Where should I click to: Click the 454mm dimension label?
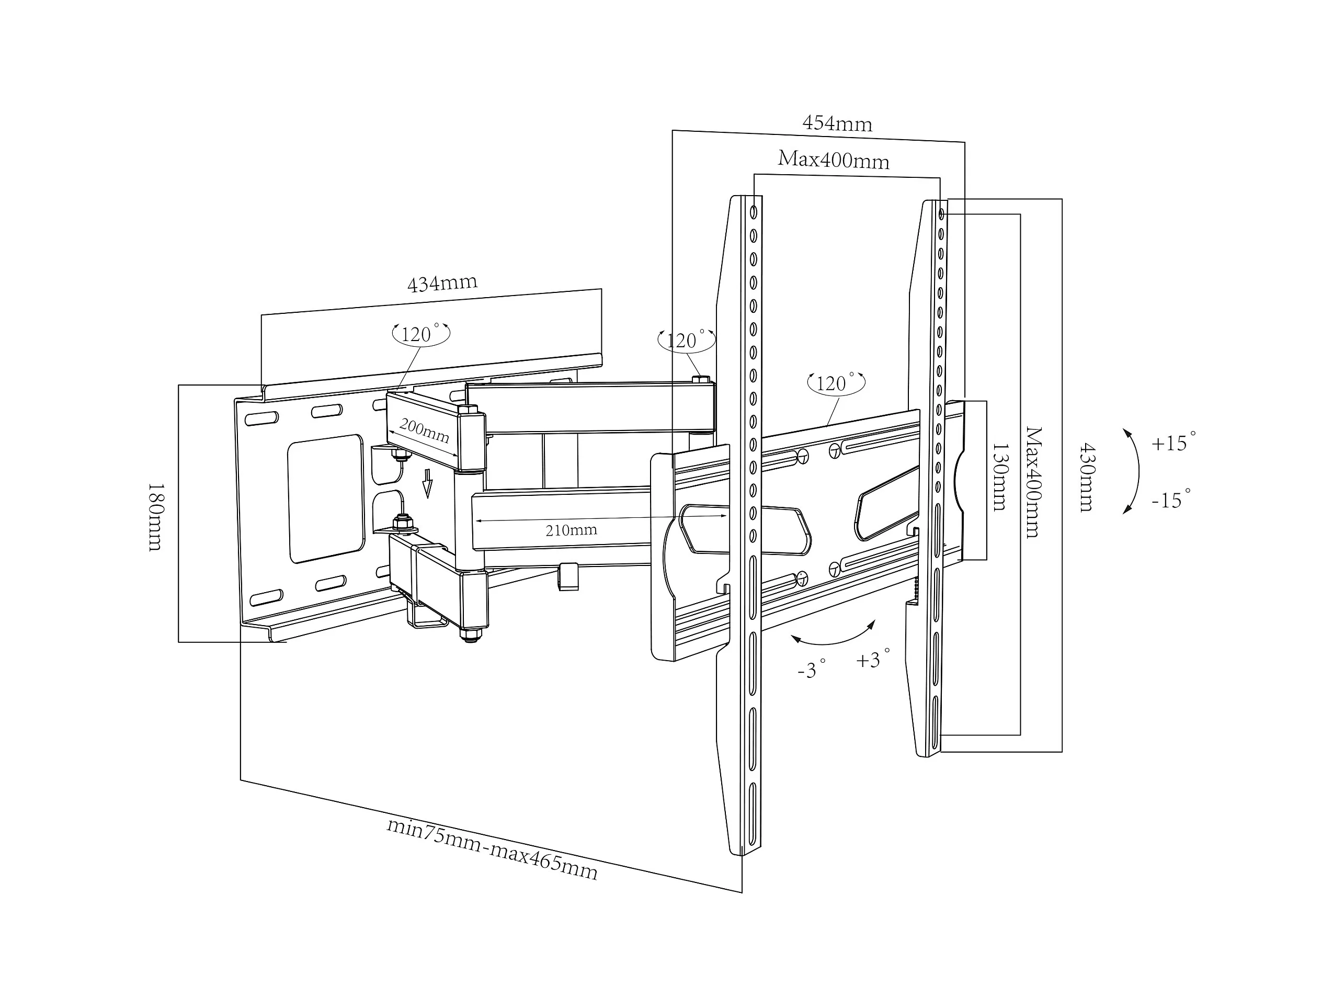point(837,123)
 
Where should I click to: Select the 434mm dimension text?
point(442,283)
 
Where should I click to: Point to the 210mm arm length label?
point(571,530)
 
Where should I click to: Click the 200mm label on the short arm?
point(424,431)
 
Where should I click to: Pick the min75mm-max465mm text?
point(492,850)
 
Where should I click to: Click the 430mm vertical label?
point(1086,477)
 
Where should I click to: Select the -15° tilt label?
point(1171,499)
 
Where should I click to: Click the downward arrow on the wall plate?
point(428,483)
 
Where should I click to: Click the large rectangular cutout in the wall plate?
point(326,498)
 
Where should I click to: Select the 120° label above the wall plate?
point(420,334)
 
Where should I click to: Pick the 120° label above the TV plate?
point(836,383)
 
